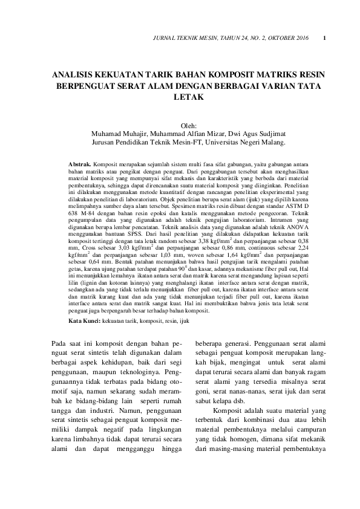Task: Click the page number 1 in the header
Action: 326,39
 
